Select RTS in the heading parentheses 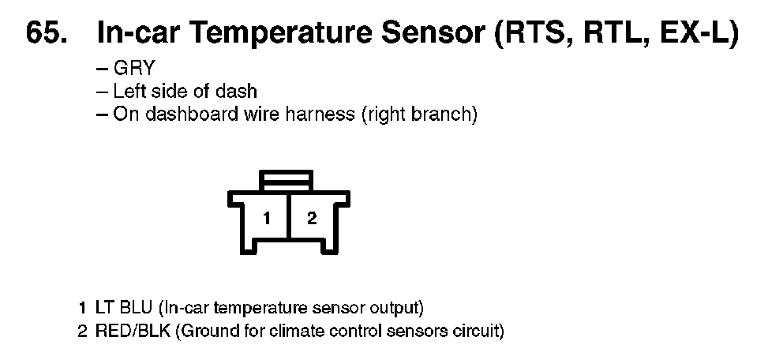[x=538, y=34]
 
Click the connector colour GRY [x=135, y=67]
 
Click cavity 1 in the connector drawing [x=267, y=219]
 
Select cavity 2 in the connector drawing [x=312, y=218]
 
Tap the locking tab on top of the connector [x=287, y=180]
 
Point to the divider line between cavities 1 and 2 [x=289, y=216]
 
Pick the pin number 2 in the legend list [x=82, y=331]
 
